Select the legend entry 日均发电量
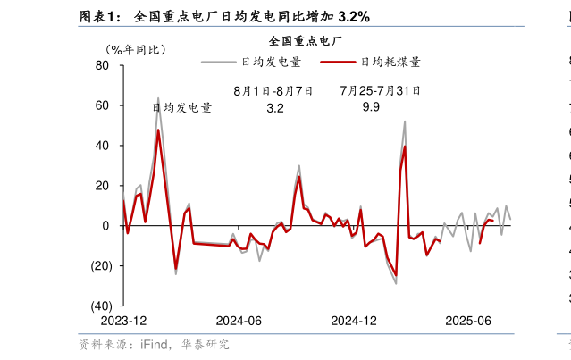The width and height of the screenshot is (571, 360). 271,62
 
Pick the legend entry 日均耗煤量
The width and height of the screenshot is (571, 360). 390,62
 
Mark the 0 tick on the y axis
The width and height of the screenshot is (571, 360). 105,226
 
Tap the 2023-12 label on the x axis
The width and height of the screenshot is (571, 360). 123,321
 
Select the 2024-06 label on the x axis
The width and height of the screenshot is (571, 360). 239,321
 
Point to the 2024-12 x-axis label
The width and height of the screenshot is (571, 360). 354,321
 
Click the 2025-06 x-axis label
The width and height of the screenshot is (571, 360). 469,321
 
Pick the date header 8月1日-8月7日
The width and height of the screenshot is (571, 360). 273,90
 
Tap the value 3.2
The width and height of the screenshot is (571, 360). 275,107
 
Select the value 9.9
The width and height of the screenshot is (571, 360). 371,107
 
